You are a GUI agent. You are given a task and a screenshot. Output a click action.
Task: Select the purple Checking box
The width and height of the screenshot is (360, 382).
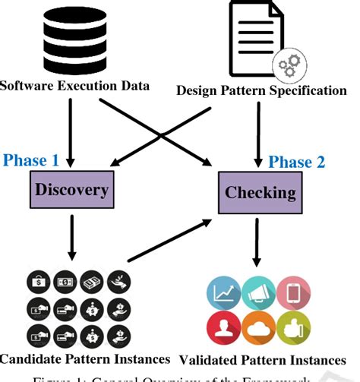260,192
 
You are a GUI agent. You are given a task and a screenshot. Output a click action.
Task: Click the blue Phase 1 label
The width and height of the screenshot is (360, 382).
31,160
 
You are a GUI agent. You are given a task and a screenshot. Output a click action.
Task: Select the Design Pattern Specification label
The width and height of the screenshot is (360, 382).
261,90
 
